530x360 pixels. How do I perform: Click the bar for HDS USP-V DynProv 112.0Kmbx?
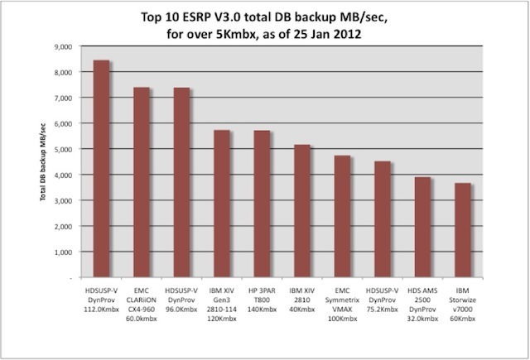pos(102,170)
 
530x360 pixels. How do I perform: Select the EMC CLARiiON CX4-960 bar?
pos(142,183)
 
